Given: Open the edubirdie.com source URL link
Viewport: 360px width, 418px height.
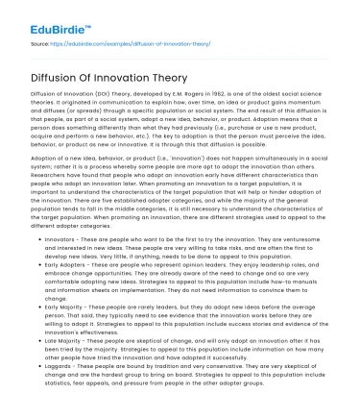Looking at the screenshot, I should coord(107,45).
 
